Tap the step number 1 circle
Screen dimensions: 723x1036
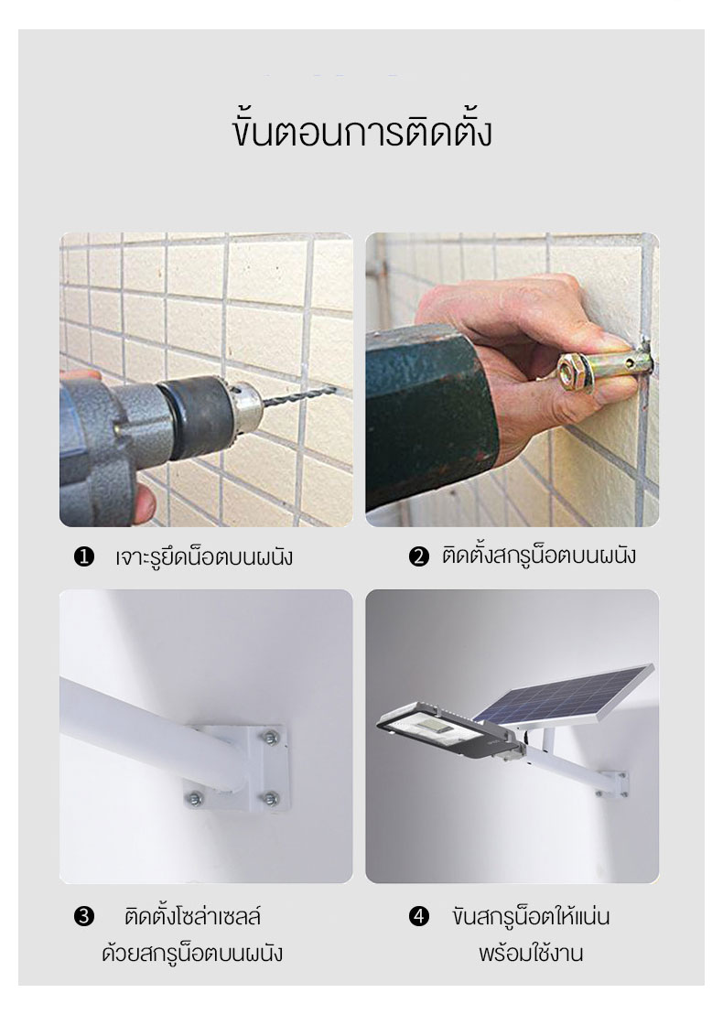84,557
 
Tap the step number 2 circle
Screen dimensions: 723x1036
419,556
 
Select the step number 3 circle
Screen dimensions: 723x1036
84,916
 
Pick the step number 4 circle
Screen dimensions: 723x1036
419,916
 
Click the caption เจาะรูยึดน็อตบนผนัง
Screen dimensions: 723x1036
204,556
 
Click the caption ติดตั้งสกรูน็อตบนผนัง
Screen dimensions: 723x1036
539,555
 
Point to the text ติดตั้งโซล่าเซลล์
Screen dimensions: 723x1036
192,916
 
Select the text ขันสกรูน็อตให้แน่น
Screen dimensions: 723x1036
531,916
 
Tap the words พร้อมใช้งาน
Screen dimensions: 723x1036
531,954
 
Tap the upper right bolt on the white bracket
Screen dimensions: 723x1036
270,738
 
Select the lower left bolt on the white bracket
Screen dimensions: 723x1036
194,797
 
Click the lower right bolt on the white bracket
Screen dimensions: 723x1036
270,798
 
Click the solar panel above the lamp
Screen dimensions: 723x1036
564,694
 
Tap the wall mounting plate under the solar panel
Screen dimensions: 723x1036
619,783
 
